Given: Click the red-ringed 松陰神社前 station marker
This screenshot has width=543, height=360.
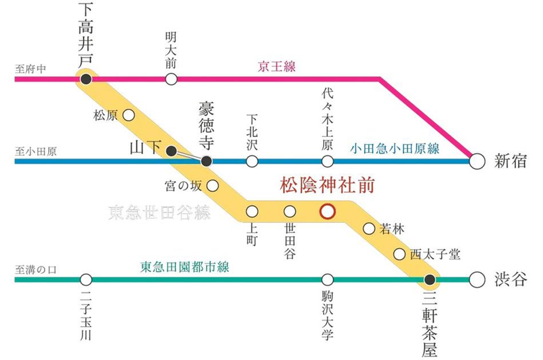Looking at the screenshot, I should click(x=327, y=211).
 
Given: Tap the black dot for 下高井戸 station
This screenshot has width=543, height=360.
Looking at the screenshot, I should click(x=86, y=79).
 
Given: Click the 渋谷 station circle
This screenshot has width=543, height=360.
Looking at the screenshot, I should click(x=476, y=280).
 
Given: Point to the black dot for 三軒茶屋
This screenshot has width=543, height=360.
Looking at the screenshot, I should click(x=430, y=280).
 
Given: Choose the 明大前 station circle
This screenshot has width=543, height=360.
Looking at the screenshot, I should click(x=171, y=79).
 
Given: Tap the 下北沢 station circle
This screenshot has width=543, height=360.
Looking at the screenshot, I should click(x=252, y=162).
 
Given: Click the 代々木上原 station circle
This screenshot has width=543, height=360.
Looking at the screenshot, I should click(x=327, y=162).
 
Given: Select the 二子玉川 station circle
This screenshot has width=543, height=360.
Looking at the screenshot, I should click(x=86, y=280).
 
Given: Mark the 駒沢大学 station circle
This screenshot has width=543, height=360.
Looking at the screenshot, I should click(x=327, y=280).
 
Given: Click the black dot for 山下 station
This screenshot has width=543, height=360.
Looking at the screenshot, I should click(x=171, y=150).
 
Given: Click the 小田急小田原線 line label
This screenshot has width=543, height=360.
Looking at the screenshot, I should click(x=395, y=149).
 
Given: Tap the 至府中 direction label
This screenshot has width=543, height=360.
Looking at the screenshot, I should click(x=31, y=68).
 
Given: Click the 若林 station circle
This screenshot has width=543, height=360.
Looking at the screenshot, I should click(x=369, y=229).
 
